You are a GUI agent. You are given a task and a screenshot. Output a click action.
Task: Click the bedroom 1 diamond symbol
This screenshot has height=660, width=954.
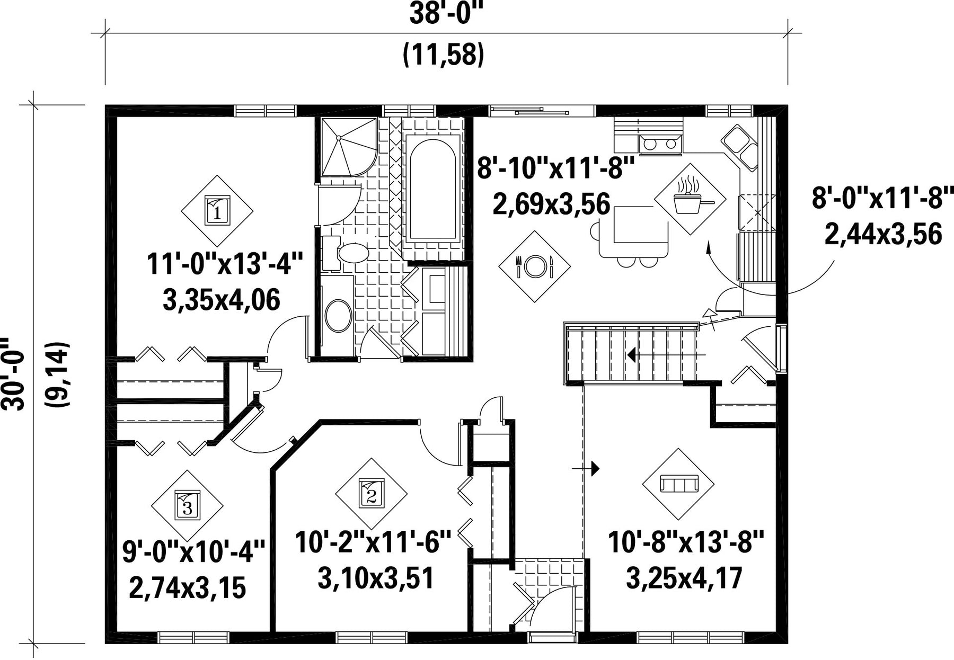[x=217, y=211]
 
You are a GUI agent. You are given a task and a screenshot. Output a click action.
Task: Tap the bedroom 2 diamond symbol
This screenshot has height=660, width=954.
[x=371, y=494]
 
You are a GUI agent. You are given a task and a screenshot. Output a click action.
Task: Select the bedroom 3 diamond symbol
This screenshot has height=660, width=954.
[x=187, y=506]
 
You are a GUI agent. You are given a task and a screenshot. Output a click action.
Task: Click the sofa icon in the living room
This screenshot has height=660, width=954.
[x=678, y=484]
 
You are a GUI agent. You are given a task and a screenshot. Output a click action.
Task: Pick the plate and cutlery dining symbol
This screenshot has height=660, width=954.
[x=534, y=266]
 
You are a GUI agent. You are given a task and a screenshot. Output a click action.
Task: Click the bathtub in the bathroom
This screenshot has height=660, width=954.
[x=432, y=189]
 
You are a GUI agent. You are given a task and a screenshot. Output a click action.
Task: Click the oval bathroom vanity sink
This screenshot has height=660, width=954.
[x=338, y=316]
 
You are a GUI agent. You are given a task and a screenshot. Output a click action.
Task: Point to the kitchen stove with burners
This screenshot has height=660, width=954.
[x=660, y=143]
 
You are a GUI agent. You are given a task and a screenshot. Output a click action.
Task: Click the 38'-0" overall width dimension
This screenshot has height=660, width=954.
[x=447, y=14]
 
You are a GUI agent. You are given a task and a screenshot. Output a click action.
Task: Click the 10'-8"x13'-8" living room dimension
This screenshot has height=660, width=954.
[x=686, y=542]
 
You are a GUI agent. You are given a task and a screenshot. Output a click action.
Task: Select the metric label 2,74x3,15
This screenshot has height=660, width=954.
[x=188, y=588]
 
